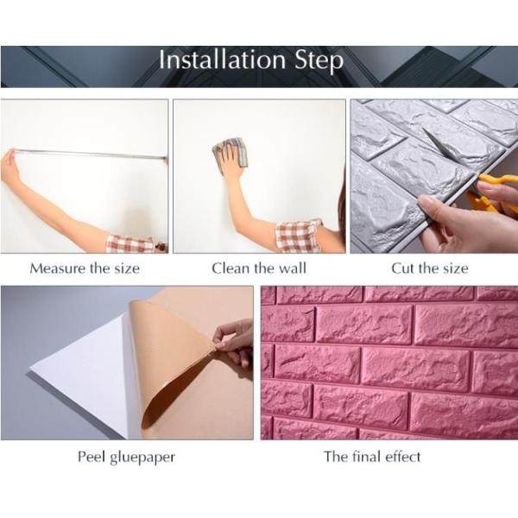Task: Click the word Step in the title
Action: coord(318,62)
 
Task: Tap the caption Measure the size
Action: coord(85,268)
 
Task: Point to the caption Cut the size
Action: coord(430,268)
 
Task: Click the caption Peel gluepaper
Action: coord(126,456)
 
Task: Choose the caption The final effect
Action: coord(372,456)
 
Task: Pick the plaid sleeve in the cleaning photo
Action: coord(298,236)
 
